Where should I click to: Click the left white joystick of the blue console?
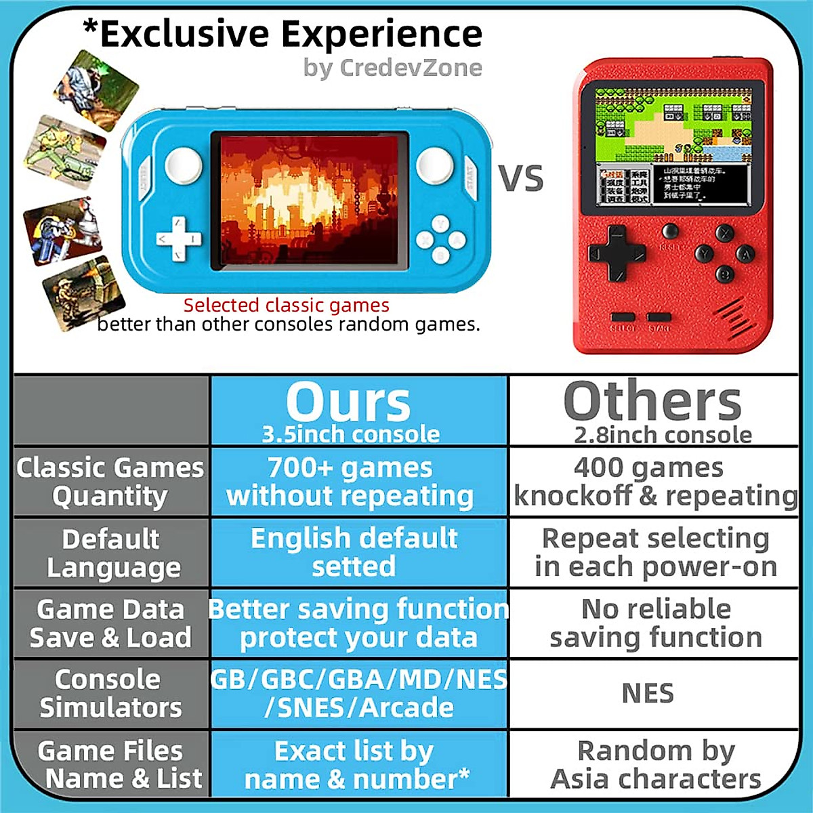pos(184,164)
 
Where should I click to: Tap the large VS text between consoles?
pos(521,179)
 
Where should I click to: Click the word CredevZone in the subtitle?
pos(411,68)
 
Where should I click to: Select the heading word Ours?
pos(348,402)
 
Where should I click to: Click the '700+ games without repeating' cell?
pos(350,482)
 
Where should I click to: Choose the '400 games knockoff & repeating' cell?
pos(654,482)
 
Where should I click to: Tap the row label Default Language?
pos(112,553)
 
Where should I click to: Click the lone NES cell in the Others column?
pos(648,694)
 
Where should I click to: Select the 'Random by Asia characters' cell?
pos(655,764)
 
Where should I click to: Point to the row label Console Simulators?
pos(110,693)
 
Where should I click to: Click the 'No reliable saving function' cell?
pos(655,623)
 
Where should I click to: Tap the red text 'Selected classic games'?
pos(286,305)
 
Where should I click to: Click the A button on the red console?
pos(746,254)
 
